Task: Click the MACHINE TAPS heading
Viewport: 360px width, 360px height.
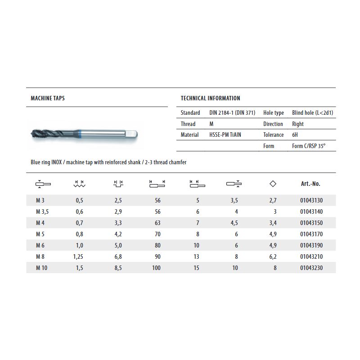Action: pos(47,98)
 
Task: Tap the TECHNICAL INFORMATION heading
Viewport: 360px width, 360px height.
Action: pos(210,98)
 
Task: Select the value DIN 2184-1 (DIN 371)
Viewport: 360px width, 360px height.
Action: pos(232,113)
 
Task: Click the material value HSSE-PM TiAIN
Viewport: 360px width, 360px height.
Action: pos(225,135)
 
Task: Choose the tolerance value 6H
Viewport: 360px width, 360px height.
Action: pos(295,135)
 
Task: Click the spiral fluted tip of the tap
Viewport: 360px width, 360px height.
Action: pos(40,134)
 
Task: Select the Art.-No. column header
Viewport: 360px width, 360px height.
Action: pos(310,184)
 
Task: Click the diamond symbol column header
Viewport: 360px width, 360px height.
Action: pos(273,184)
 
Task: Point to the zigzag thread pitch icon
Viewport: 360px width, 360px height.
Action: pos(79,184)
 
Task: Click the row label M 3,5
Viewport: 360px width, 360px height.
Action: pos(43,211)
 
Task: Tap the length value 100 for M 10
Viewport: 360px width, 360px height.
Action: pos(156,268)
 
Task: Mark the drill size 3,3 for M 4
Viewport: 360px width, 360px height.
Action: pos(118,223)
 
